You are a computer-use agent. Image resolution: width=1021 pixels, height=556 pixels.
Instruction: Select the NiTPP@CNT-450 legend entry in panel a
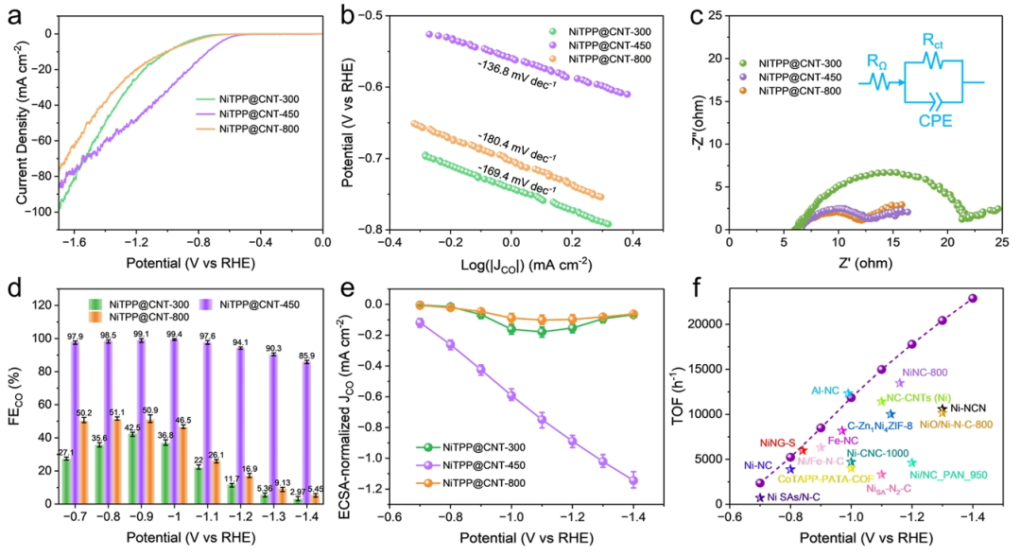[x=254, y=114]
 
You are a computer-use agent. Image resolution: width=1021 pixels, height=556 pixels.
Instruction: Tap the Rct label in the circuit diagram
[x=933, y=40]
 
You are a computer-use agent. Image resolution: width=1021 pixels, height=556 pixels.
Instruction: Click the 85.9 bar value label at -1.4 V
[x=305, y=355]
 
